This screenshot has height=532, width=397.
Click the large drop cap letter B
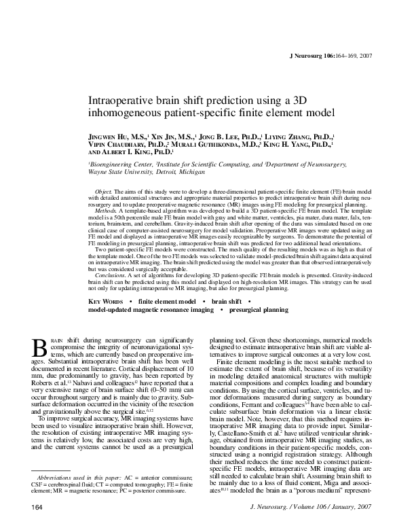pyautogui.click(x=39, y=347)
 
